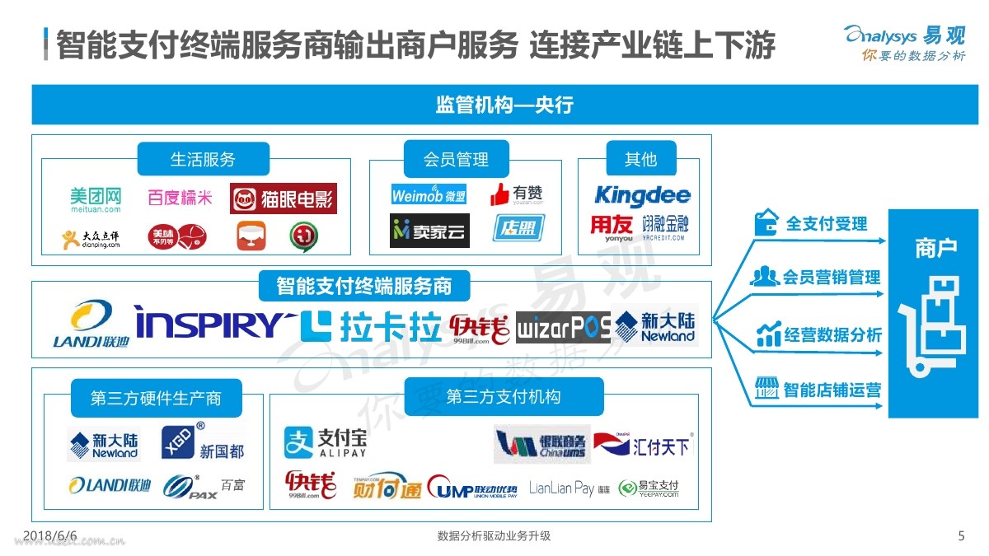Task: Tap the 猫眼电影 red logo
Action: coord(284,199)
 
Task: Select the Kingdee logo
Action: coord(642,196)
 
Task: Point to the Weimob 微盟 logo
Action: coord(429,195)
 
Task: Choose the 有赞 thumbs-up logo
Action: coord(517,194)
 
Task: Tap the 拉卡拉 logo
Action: coord(371,326)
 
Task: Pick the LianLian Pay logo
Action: coord(569,488)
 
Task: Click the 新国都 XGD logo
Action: coord(203,442)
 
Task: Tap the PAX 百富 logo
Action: coord(203,485)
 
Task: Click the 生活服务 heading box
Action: coord(203,159)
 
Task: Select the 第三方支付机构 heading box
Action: coord(503,397)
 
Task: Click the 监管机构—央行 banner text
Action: coord(504,105)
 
